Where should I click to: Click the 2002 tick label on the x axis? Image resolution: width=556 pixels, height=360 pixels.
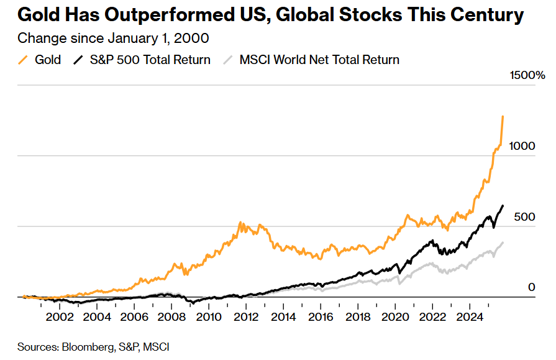[59, 316]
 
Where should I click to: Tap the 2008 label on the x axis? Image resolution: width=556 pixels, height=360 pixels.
[171, 316]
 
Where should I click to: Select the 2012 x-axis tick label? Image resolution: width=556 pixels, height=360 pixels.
[245, 316]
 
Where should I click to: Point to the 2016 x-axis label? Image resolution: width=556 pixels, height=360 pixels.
[320, 316]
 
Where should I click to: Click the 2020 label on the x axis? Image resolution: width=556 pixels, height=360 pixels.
[394, 316]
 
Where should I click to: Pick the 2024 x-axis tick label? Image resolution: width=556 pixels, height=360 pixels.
[469, 316]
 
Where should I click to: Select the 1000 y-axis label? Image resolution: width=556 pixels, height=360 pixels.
[522, 146]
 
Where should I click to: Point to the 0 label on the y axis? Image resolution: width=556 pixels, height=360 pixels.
[531, 287]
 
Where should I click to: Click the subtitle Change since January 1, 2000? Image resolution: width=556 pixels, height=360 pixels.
[113, 38]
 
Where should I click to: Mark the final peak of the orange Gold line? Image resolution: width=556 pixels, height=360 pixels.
[503, 116]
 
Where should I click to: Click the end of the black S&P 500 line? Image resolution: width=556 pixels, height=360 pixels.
[503, 206]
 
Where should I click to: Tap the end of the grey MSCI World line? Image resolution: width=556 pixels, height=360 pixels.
[503, 242]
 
